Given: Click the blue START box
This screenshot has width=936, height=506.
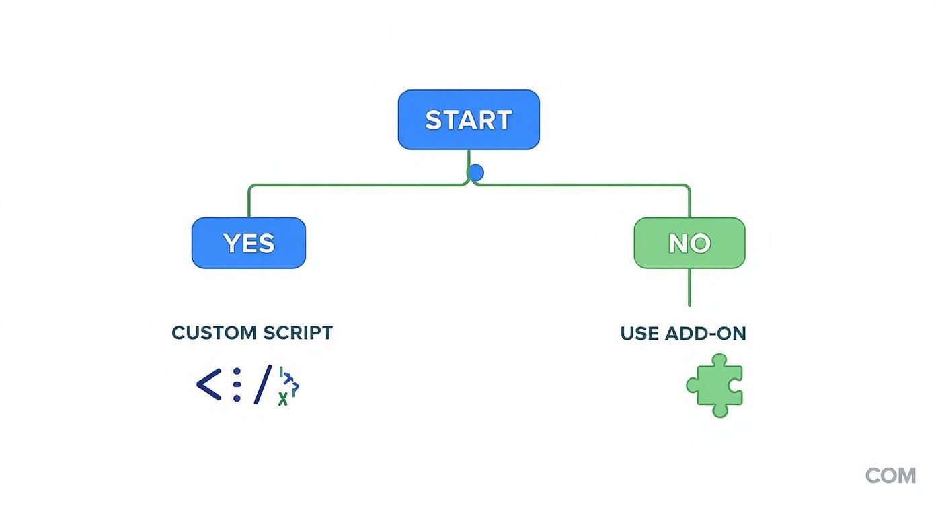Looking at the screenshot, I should pyautogui.click(x=469, y=120).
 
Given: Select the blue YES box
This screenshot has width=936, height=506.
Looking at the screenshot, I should pyautogui.click(x=249, y=243).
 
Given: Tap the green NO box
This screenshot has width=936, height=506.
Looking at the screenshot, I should pyautogui.click(x=689, y=243).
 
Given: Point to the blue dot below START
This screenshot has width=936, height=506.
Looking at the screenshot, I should pyautogui.click(x=475, y=173).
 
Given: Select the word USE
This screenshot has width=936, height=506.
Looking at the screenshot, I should pyautogui.click(x=639, y=334).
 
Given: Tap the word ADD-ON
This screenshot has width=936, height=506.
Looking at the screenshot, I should pyautogui.click(x=705, y=334).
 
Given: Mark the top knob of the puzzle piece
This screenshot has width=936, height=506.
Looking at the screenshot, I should pyautogui.click(x=719, y=360).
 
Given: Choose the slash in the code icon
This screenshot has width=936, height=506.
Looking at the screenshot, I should pyautogui.click(x=263, y=385).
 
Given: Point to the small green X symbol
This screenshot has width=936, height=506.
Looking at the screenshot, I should pyautogui.click(x=283, y=400).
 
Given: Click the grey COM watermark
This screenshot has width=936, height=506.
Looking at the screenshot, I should pyautogui.click(x=890, y=476).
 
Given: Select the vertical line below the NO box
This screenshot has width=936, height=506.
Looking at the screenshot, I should pyautogui.click(x=689, y=288).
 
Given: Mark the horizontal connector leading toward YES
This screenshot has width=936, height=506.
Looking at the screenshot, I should pyautogui.click(x=356, y=184).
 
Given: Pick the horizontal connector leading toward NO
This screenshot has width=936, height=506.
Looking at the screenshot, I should pyautogui.click(x=582, y=184).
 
